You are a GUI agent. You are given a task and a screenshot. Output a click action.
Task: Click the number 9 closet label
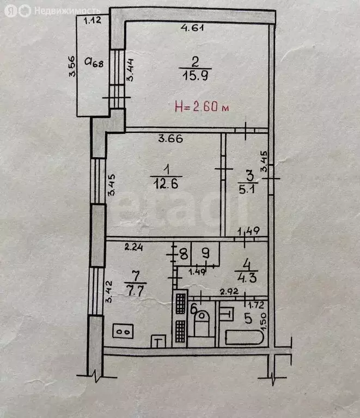(x=205, y=253)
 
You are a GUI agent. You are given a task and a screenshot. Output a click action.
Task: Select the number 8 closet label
(x=184, y=254)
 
